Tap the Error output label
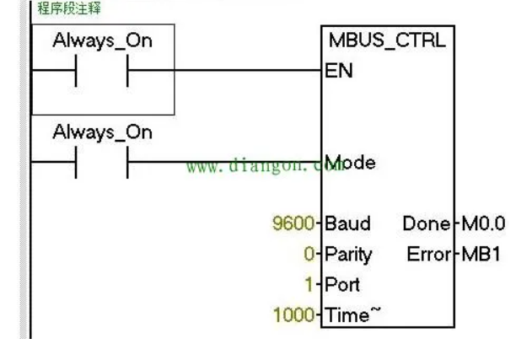click(427, 254)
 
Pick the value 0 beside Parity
click(309, 254)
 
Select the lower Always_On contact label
click(102, 132)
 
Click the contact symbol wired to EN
click(101, 72)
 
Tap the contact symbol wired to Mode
click(101, 163)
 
